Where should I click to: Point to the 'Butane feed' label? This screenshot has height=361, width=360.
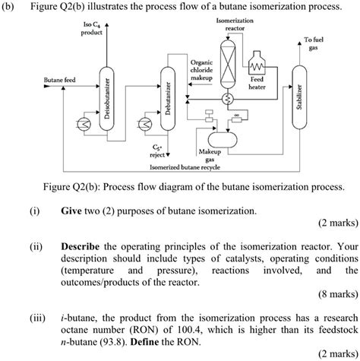pos(59,79)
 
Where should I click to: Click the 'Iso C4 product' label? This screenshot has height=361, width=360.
pos(90,31)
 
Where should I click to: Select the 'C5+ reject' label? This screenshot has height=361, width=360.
pos(157,149)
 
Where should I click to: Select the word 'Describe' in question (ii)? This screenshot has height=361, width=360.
pos(82,245)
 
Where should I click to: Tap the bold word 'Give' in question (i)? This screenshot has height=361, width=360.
pos(73,210)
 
